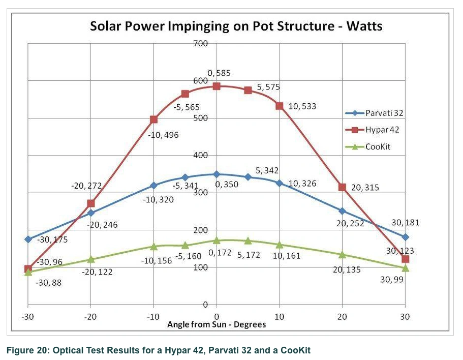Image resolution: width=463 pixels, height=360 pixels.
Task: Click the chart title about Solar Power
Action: [236, 26]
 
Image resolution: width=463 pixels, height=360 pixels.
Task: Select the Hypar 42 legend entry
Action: [382, 130]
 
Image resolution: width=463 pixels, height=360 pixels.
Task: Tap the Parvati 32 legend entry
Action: [383, 112]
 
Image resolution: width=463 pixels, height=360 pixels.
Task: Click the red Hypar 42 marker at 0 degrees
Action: [217, 86]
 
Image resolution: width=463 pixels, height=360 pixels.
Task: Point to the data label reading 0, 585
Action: [219, 73]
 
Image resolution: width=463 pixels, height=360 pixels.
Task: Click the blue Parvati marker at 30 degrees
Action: [405, 237]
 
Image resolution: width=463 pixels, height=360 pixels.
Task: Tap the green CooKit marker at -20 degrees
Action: [90, 259]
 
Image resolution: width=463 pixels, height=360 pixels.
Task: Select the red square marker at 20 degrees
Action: [342, 187]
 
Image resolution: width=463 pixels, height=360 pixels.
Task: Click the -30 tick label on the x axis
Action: [28, 317]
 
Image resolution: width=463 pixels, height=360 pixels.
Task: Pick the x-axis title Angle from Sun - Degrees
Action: [217, 324]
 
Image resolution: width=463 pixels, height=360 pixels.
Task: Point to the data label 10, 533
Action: [302, 106]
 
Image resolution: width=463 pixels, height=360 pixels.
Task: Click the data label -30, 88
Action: [48, 282]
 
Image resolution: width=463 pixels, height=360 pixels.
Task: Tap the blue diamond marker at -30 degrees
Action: [28, 239]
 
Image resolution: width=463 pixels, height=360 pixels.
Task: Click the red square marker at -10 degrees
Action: [153, 119]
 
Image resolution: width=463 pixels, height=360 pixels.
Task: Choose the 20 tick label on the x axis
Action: [342, 317]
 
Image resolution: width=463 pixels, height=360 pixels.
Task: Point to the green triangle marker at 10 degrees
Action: [280, 245]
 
